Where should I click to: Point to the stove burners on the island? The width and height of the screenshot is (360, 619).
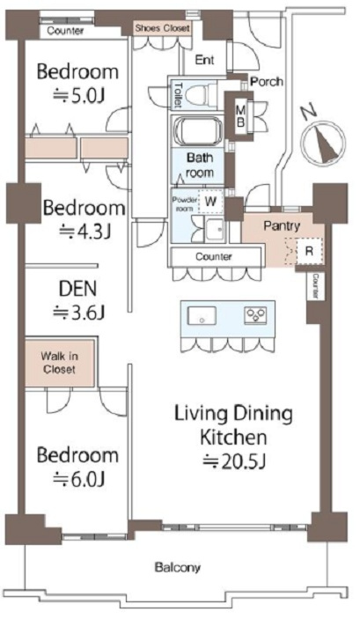pyautogui.click(x=255, y=315)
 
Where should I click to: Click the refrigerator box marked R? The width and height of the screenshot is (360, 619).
pyautogui.click(x=310, y=251)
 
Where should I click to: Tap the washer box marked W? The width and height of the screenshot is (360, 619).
pyautogui.click(x=210, y=202)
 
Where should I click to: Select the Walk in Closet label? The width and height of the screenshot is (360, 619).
pyautogui.click(x=60, y=363)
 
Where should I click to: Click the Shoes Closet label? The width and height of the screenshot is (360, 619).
pyautogui.click(x=162, y=28)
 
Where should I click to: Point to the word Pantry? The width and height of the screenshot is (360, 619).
pyautogui.click(x=282, y=226)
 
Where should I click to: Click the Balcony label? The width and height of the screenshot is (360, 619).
pyautogui.click(x=178, y=568)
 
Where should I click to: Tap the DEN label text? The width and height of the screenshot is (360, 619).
pyautogui.click(x=77, y=289)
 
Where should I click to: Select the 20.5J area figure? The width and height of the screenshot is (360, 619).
pyautogui.click(x=233, y=462)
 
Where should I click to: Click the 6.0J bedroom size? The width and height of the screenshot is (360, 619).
pyautogui.click(x=78, y=480)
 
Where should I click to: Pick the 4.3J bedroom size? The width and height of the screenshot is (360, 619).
pyautogui.click(x=84, y=232)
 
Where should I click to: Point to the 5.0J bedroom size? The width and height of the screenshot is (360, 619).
pyautogui.click(x=79, y=95)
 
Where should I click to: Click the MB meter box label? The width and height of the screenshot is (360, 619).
pyautogui.click(x=240, y=114)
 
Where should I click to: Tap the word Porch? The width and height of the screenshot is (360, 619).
pyautogui.click(x=268, y=82)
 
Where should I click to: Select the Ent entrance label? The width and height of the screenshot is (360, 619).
pyautogui.click(x=205, y=60)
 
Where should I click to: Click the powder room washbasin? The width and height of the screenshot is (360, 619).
pyautogui.click(x=215, y=229)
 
